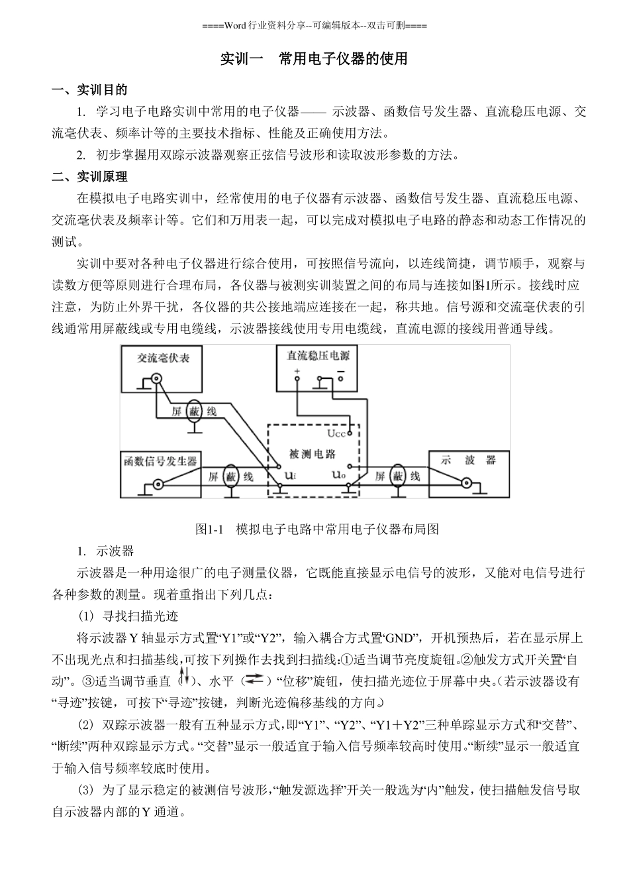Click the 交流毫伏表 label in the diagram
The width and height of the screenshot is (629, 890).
click(163, 359)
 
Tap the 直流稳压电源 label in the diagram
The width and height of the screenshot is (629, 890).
click(318, 355)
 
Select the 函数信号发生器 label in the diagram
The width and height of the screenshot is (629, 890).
click(160, 461)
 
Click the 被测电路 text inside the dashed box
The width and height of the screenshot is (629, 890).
click(313, 455)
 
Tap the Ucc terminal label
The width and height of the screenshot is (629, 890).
click(336, 433)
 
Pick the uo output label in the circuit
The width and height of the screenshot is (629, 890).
click(338, 474)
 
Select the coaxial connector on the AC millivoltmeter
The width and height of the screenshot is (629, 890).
click(156, 380)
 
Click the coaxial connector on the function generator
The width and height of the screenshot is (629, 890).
click(158, 485)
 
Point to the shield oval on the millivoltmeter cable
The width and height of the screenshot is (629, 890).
click(194, 412)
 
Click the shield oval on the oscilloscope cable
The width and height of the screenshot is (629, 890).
click(398, 476)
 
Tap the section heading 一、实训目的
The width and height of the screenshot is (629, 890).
click(90, 90)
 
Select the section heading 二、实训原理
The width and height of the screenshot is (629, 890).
click(90, 177)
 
